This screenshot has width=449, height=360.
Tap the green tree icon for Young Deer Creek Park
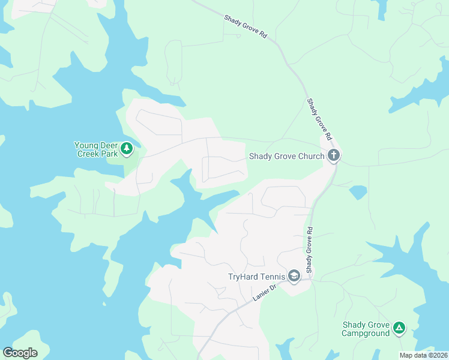point(126,148)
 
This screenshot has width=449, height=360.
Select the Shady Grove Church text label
point(287,157)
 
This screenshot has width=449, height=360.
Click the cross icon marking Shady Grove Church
point(334,156)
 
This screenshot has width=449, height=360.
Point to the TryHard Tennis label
point(256,277)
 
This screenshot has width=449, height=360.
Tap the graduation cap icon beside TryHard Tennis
point(294,276)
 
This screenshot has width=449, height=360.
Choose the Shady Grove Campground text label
point(366,329)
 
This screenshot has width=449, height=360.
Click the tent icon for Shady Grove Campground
point(399,328)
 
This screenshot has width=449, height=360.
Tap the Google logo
point(20,352)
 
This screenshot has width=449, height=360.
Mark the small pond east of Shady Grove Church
point(358,192)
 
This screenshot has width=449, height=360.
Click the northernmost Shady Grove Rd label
point(245,27)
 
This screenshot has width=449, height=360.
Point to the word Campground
point(366,333)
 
